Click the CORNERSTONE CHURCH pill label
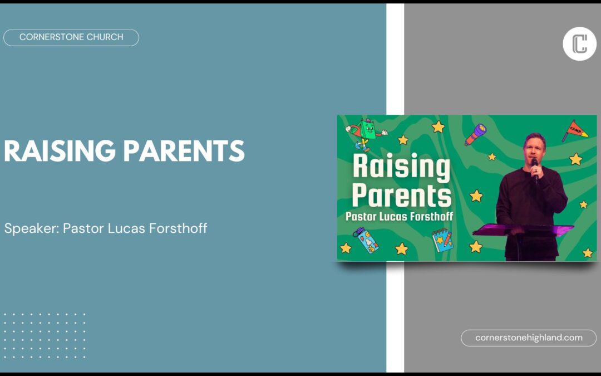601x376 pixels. pyautogui.click(x=71, y=37)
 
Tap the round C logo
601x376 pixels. pyautogui.click(x=579, y=44)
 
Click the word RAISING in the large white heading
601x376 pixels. pyautogui.click(x=60, y=150)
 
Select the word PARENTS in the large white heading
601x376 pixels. pyautogui.click(x=184, y=150)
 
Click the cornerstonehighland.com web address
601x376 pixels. pyautogui.click(x=529, y=338)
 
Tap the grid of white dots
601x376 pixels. pyautogui.click(x=44, y=336)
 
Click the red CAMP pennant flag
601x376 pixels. pyautogui.click(x=574, y=130)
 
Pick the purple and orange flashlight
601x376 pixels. pyautogui.click(x=476, y=134)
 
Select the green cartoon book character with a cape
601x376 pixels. pyautogui.click(x=365, y=134)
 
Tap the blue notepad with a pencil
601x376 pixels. pyautogui.click(x=442, y=240)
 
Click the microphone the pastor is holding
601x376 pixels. pyautogui.click(x=535, y=169)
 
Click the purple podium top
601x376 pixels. pyautogui.click(x=523, y=229)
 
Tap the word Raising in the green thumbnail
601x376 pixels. pyautogui.click(x=401, y=167)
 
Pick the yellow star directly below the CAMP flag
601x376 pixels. pyautogui.click(x=575, y=159)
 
